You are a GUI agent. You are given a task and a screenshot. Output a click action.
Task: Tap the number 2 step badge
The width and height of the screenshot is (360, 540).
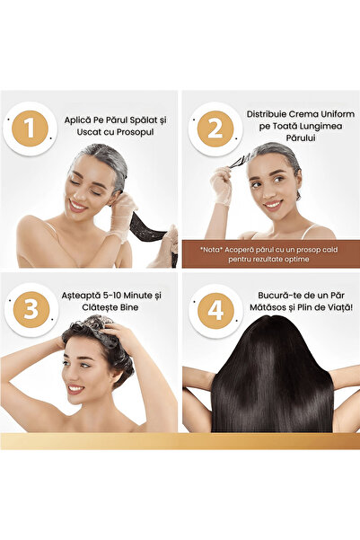(x=215, y=128)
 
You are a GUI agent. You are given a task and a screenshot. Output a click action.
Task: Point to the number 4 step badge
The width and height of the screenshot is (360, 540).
(x=215, y=310)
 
